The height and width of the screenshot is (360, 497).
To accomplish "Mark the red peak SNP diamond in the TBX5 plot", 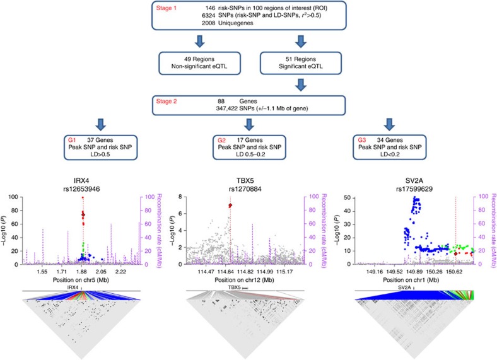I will click(231, 206).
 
